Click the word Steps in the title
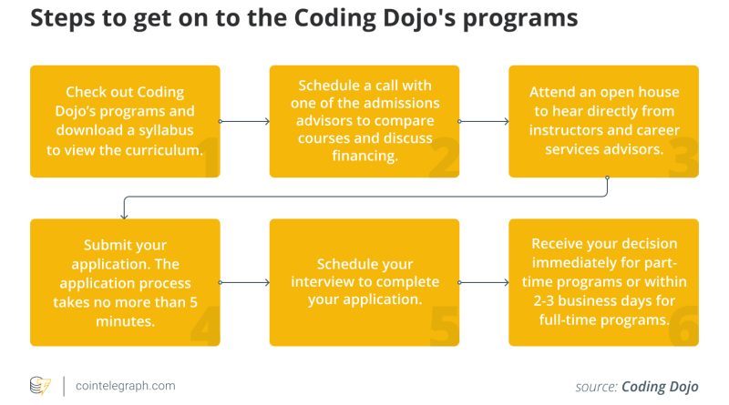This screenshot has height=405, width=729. tap(58, 18)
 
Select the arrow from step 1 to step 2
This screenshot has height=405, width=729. tap(244, 121)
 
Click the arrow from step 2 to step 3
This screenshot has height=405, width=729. tap(484, 121)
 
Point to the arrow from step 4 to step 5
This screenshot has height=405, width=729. tap(244, 282)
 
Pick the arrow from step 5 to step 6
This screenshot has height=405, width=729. tap(484, 282)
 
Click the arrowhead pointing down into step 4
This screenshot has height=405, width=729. tap(124, 216)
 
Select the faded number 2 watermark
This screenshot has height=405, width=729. tap(444, 157)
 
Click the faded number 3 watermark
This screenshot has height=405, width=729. tap(683, 157)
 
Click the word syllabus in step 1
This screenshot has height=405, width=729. tap(166, 130)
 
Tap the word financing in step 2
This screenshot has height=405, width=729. tap(365, 156)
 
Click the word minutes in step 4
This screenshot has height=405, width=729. tap(125, 321)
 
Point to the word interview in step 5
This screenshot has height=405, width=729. tap(322, 281)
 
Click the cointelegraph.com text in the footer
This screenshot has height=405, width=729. tap(126, 386)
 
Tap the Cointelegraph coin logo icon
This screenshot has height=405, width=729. tap(40, 386)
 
